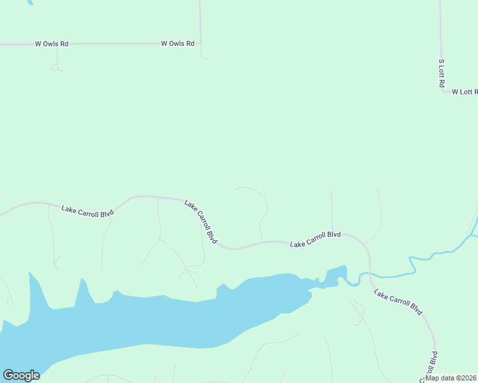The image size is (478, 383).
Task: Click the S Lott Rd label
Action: click(x=441, y=73)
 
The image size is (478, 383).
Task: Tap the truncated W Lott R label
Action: click(x=465, y=92)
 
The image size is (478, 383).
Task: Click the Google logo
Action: click(x=21, y=375)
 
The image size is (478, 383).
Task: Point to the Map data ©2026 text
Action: click(x=451, y=378)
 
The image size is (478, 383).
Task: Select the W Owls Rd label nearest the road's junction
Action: click(x=177, y=43)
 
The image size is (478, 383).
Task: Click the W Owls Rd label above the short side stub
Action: click(x=51, y=44)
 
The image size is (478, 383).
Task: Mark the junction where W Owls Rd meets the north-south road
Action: click(x=201, y=43)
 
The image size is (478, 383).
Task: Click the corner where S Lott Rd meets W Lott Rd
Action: click(x=442, y=91)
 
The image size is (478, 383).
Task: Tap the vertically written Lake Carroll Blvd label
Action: click(x=431, y=366)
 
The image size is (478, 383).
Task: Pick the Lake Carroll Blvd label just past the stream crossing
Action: click(x=398, y=303)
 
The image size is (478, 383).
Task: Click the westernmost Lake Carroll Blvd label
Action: click(x=88, y=211)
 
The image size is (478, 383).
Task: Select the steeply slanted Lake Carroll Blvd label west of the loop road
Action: click(x=201, y=222)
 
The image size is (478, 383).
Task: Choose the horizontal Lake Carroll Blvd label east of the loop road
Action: click(x=315, y=239)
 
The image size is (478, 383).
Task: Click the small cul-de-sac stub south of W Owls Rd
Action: click(x=58, y=67)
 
